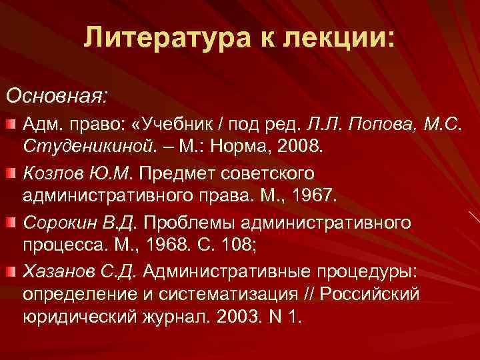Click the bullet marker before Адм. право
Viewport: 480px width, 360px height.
(x=11, y=125)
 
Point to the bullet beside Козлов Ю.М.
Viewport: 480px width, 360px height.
(x=11, y=173)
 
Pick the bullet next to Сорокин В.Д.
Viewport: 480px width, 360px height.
(x=11, y=221)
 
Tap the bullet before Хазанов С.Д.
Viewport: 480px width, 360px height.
(x=11, y=269)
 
